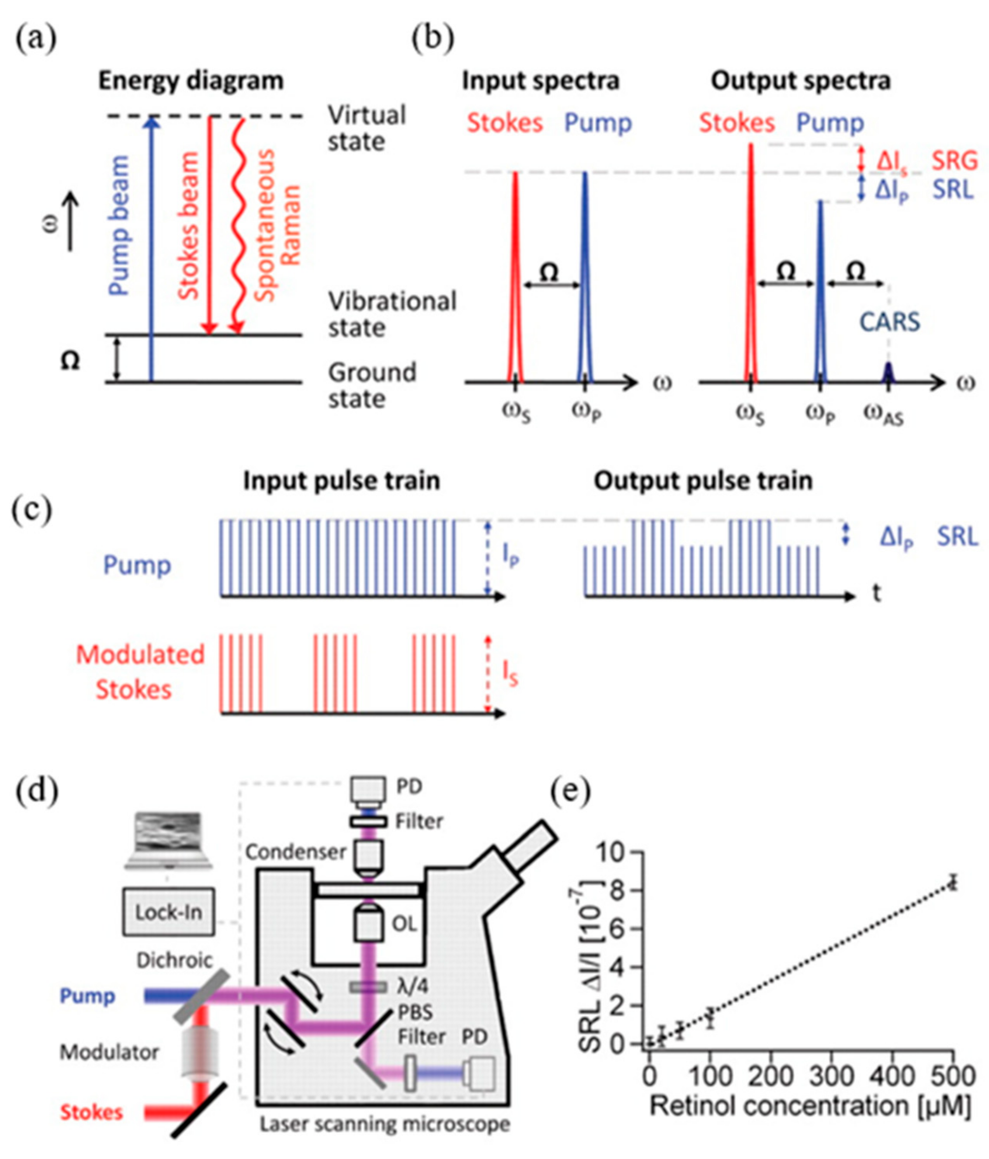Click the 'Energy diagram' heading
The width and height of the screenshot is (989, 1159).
click(191, 81)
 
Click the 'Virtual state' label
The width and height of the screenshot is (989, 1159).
click(367, 128)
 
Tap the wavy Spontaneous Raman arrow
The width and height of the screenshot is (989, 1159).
click(239, 224)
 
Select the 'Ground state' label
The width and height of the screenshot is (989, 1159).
click(371, 386)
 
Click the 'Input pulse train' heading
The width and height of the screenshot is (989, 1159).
click(342, 481)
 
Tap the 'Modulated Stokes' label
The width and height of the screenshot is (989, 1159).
click(140, 672)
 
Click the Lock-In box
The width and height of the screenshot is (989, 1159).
click(168, 912)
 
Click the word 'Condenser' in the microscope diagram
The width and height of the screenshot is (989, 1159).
click(295, 852)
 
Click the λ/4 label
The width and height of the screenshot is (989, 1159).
click(411, 986)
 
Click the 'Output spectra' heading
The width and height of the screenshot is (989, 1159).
click(800, 81)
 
